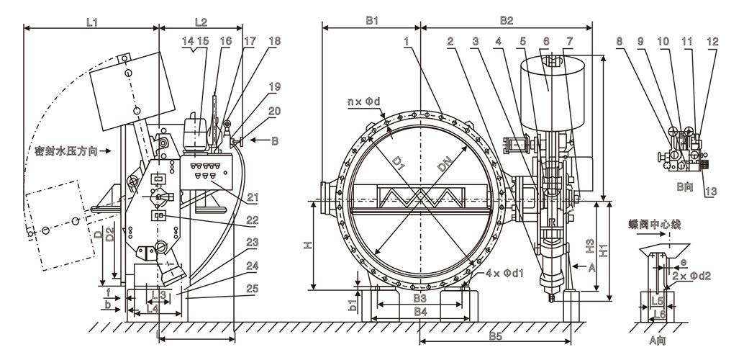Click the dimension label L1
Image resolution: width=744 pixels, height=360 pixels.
click(91, 22)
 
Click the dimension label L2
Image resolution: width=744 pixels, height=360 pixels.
click(201, 22)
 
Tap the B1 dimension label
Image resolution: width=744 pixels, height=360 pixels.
click(371, 22)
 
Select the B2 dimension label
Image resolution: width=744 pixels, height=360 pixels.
click(506, 22)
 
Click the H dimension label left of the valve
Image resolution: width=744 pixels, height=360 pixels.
click(307, 246)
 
